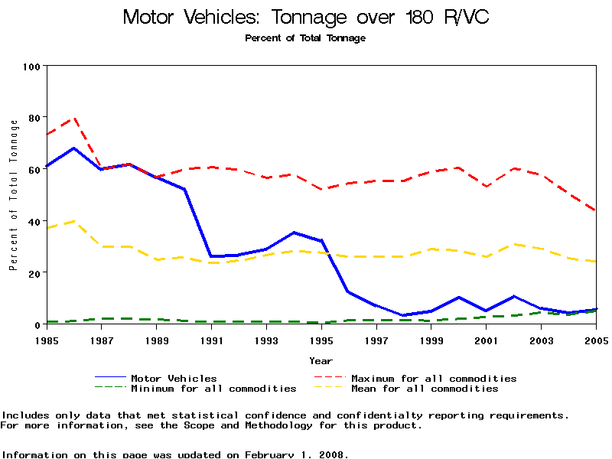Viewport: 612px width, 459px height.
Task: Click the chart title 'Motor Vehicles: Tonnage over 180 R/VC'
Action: click(x=305, y=17)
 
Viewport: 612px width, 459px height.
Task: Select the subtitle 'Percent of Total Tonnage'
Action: click(x=305, y=37)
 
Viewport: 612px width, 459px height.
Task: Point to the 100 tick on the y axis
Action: click(x=31, y=67)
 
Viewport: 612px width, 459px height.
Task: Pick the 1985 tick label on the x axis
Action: click(x=47, y=339)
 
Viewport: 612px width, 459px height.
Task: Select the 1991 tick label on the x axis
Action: click(x=212, y=339)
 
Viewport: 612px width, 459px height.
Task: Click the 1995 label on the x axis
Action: click(x=322, y=339)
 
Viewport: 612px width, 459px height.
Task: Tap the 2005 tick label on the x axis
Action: click(x=596, y=339)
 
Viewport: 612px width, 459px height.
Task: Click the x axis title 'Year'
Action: click(x=321, y=360)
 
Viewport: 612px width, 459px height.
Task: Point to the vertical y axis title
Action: click(x=13, y=195)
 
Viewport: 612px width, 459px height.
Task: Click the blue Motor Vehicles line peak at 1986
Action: click(x=74, y=148)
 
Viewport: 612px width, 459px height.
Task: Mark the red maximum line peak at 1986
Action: click(x=74, y=119)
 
